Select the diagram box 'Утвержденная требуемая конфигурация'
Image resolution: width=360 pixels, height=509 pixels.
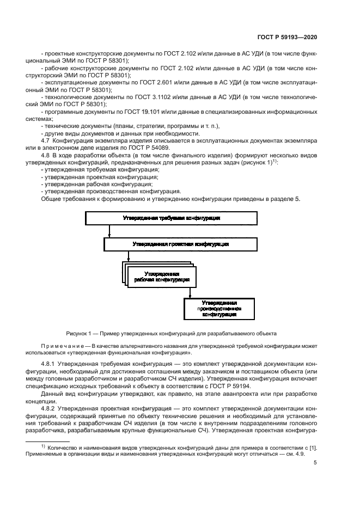click(171, 218)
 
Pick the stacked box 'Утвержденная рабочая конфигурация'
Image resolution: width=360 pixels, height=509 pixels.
click(162, 277)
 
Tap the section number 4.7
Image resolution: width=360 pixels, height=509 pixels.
click(46, 140)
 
